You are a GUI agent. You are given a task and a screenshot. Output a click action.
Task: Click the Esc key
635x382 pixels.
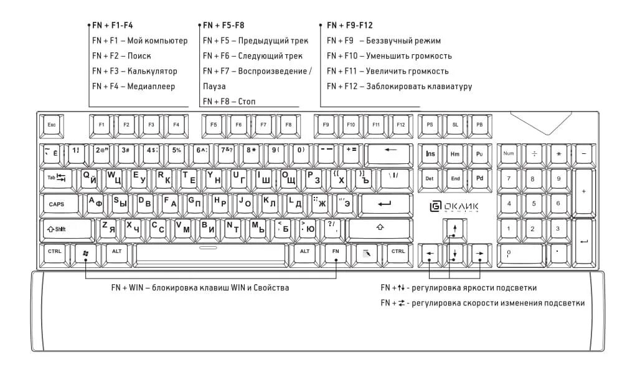pos(51,125)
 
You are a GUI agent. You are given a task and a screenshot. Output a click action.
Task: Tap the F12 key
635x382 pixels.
pos(400,125)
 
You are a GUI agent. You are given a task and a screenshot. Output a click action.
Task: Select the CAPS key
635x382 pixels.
pos(57,204)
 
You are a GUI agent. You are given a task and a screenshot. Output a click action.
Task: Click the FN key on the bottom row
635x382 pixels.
pos(336,251)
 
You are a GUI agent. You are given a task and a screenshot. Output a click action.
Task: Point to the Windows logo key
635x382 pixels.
pos(85,252)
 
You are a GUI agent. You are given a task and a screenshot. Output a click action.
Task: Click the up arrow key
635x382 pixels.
pos(455,228)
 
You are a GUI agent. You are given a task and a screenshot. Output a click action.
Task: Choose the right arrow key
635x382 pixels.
pos(480,253)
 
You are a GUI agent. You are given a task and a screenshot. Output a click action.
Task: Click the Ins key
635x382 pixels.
pos(430,153)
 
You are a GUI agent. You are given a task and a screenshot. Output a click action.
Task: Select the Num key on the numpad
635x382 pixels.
pos(509,153)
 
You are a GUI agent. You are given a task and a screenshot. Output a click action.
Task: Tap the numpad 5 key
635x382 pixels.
pos(534,203)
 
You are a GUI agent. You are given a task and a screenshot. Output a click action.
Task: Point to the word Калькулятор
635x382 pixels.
pos(153,71)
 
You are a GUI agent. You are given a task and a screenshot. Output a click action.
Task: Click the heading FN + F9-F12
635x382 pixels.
pos(350,26)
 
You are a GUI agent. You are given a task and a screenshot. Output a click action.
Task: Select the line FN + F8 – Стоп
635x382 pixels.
pos(229,101)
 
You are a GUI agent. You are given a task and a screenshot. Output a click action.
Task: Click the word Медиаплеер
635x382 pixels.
pos(151,86)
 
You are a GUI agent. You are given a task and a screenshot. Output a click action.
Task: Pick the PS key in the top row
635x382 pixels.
pos(430,125)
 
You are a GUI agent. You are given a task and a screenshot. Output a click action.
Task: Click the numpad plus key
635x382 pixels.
pos(583,191)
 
